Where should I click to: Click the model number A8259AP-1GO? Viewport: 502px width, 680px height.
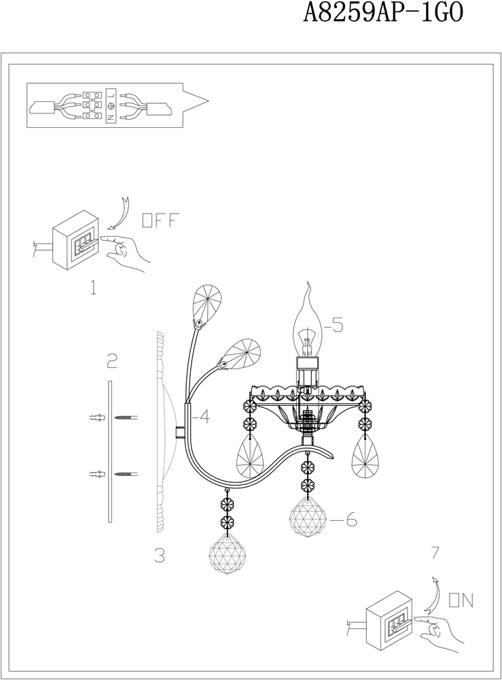point(383,12)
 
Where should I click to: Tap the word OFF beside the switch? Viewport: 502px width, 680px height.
point(160,221)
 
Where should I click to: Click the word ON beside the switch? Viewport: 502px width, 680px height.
point(461,600)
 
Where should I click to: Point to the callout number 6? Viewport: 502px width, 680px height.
point(350,519)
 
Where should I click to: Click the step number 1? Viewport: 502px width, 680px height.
point(93,288)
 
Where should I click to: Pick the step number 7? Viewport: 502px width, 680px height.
point(435,552)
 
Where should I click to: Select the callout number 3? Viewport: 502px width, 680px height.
point(160,556)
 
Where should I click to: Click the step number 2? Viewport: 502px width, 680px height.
point(112,360)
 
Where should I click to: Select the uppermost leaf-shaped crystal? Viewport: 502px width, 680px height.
point(207,304)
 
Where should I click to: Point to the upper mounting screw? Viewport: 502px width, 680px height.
point(126,418)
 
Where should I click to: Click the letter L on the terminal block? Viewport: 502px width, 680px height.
point(111,94)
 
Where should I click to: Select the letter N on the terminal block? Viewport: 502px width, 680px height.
point(111,116)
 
